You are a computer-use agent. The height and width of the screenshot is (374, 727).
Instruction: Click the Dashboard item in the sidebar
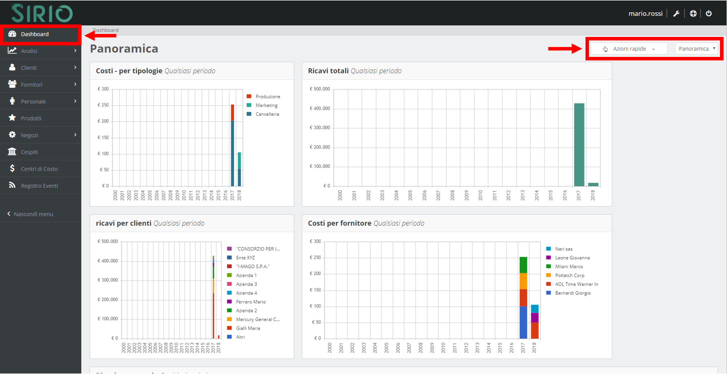(34, 34)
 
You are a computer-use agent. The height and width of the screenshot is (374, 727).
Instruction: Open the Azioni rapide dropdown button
(629, 49)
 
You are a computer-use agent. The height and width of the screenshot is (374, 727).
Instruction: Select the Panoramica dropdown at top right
(696, 49)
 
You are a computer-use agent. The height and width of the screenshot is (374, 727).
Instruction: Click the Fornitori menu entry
(31, 85)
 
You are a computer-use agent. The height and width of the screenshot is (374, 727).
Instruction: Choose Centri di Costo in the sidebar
(39, 169)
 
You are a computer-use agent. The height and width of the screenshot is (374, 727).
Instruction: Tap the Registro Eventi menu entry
(39, 186)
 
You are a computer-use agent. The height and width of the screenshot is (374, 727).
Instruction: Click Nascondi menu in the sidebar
(33, 214)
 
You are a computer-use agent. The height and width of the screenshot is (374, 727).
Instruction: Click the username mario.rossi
(645, 13)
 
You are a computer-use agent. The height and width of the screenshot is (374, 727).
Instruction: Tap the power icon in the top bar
(708, 13)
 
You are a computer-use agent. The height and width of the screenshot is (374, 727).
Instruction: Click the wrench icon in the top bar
(675, 13)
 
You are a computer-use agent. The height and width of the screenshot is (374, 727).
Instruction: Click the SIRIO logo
(42, 13)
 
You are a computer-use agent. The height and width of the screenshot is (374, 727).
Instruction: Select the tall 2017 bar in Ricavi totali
(579, 145)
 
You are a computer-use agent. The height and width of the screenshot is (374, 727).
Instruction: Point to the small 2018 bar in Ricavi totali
(593, 184)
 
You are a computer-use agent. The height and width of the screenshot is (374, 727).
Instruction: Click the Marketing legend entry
(266, 105)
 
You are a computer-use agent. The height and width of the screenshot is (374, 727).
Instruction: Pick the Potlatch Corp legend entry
(569, 275)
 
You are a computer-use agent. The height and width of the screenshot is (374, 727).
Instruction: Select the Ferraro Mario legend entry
(250, 302)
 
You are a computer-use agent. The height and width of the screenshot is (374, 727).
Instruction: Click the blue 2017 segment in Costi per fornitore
(523, 322)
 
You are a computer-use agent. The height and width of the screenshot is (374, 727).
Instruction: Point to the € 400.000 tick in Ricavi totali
(319, 109)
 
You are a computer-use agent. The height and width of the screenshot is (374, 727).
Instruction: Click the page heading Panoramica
(124, 49)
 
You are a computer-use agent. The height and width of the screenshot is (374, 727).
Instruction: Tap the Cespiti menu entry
(29, 152)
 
